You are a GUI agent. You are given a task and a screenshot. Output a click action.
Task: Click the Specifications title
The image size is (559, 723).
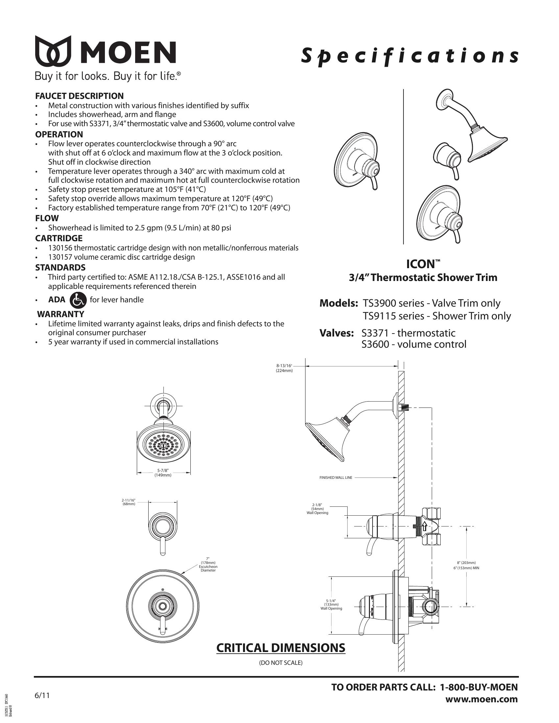tap(409, 56)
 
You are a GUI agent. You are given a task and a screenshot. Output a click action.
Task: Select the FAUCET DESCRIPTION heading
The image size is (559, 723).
tap(80, 96)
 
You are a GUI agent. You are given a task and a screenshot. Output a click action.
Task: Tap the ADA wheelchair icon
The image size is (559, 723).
tap(78, 300)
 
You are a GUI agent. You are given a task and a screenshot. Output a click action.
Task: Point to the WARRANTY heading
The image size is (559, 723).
tap(61, 314)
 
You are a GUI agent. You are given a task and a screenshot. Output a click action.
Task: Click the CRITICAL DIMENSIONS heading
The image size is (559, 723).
tap(280, 648)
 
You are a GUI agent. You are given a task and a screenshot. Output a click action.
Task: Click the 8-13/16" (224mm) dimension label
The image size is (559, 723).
tap(284, 368)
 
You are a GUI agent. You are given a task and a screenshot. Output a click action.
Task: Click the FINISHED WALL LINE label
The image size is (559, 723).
tap(336, 478)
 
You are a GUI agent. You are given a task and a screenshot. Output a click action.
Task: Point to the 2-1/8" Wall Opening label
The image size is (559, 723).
tap(317, 509)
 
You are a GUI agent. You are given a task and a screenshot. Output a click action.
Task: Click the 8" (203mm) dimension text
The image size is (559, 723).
tap(466, 562)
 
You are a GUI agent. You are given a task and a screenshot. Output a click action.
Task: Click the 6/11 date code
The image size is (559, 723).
tap(42, 695)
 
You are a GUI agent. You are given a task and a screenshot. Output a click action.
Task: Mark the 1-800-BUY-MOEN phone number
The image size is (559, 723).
tap(478, 687)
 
